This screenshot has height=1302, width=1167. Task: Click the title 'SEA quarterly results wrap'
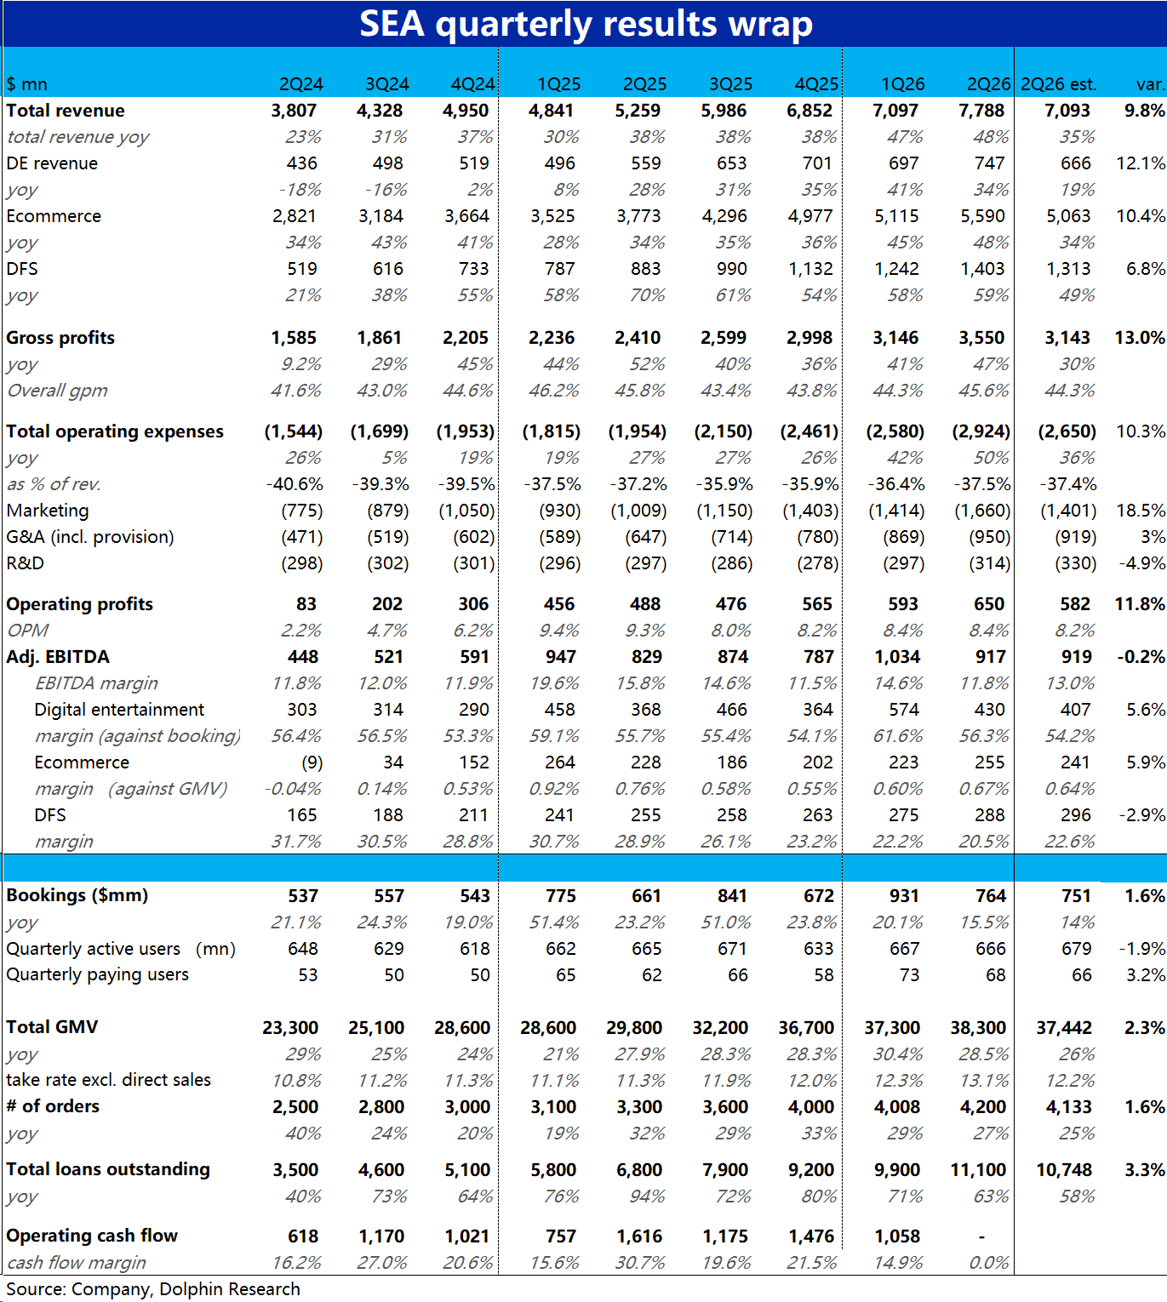click(586, 24)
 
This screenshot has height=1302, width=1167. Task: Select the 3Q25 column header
click(730, 84)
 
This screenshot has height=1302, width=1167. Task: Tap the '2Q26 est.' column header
click(1058, 84)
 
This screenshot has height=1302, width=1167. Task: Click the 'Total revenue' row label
click(66, 111)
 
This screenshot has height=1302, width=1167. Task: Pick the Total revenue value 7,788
click(981, 111)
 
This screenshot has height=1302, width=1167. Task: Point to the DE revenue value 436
click(301, 163)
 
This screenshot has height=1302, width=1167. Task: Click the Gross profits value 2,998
click(809, 338)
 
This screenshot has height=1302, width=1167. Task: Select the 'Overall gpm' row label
click(57, 391)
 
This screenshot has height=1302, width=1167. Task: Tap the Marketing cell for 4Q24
click(466, 511)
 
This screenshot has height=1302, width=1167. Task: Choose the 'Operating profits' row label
click(80, 605)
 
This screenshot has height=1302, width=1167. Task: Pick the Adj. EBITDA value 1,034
click(896, 658)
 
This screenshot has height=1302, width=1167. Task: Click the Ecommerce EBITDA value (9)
click(312, 762)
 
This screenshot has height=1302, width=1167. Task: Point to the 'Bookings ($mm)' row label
click(77, 896)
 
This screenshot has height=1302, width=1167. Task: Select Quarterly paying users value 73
click(909, 975)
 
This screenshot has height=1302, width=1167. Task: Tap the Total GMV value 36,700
click(805, 1028)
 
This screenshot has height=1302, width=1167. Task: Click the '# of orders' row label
click(53, 1106)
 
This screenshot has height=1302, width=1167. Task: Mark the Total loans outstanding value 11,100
click(978, 1169)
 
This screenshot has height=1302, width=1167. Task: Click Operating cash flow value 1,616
click(639, 1236)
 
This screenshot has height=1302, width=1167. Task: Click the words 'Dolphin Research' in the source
click(230, 1289)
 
